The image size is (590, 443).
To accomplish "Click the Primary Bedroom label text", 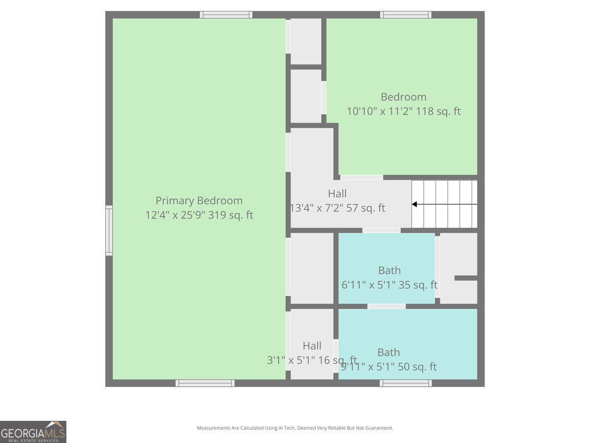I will point(199,201).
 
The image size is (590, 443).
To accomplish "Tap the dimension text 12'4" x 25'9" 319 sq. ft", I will point(199,215).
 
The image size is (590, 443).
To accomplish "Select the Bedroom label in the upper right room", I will point(403,97).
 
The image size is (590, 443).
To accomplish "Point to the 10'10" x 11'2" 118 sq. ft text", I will point(403,111).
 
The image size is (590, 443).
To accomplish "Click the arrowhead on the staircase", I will point(414,204).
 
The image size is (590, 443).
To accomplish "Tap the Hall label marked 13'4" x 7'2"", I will point(337,193).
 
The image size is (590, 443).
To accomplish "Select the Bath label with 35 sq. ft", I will point(389,270).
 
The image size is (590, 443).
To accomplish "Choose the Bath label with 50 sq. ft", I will point(388,352).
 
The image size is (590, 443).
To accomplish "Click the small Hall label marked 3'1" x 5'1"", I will point(312,346).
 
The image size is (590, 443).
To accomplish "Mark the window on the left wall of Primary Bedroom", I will point(109,230).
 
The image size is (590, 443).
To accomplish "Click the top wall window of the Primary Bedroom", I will point(226,15).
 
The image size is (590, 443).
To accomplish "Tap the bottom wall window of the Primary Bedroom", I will point(205,383).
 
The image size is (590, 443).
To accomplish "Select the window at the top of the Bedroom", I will point(406,15).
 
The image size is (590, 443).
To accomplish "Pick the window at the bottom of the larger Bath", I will point(406,383).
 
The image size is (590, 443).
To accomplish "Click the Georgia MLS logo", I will point(33,432).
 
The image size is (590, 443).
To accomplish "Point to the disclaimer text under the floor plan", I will point(295,428).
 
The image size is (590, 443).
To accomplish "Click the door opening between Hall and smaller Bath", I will point(382,230).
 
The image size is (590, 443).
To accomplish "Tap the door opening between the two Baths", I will point(386,306).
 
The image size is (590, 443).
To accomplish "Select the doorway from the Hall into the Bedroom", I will point(361,177).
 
